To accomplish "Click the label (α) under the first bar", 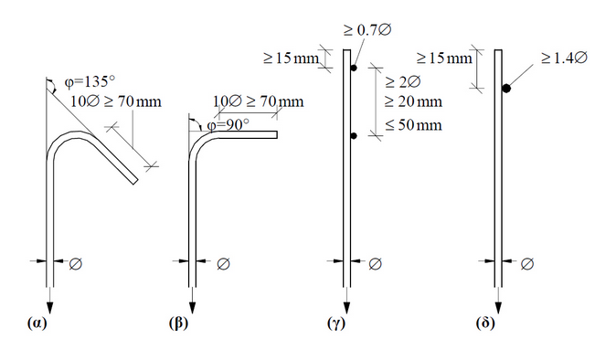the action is click(x=37, y=323).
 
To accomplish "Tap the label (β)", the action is click(x=179, y=323).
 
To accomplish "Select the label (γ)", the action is click(x=336, y=323).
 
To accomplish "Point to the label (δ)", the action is click(x=485, y=323).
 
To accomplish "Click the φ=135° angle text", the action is click(x=90, y=82).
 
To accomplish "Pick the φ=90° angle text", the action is click(x=228, y=125).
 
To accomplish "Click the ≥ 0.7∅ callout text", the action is click(x=367, y=30).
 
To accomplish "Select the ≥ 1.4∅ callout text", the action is click(x=564, y=58).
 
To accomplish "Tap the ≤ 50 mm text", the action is click(x=413, y=125).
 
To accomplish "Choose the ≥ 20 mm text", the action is click(x=413, y=101).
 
